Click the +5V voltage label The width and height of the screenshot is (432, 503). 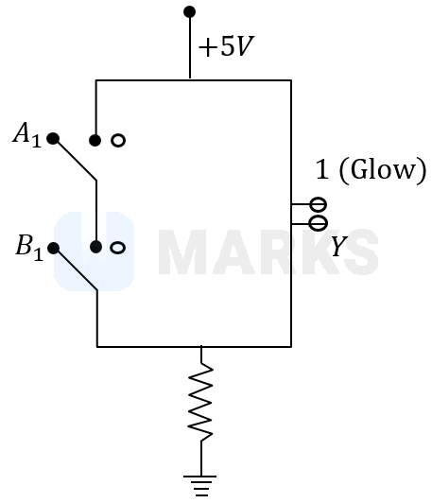click(226, 46)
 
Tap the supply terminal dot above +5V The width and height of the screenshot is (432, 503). click(190, 12)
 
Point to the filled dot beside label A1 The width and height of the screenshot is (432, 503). click(53, 139)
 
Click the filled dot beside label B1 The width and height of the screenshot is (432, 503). click(54, 249)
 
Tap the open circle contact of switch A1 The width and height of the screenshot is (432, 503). click(118, 141)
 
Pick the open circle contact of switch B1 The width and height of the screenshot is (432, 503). click(118, 248)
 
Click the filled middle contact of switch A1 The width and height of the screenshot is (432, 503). click(95, 140)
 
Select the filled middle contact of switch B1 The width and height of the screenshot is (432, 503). click(95, 247)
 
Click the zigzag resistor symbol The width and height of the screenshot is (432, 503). click(200, 402)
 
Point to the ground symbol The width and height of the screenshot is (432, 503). click(200, 486)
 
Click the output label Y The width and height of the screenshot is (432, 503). click(339, 247)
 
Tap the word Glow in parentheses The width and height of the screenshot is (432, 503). click(383, 169)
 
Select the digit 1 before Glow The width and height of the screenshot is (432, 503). click(322, 169)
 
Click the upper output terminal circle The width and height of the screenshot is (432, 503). click(319, 204)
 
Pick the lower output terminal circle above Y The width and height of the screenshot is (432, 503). click(319, 223)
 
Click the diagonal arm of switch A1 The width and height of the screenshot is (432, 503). click(75, 160)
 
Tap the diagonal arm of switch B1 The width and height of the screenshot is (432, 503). click(76, 269)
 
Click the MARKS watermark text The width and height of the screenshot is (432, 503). click(268, 252)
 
